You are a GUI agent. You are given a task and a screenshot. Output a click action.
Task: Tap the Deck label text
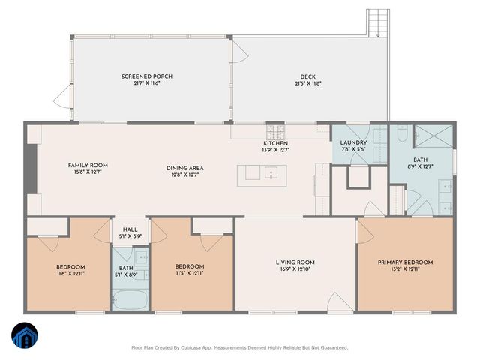[x=307, y=76]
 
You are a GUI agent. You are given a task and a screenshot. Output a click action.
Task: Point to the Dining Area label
[x=185, y=168]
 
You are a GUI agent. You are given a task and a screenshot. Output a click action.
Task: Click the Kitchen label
[x=275, y=143]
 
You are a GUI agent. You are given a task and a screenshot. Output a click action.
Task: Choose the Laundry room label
[x=353, y=142]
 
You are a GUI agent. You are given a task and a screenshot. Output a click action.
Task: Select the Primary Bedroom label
[x=405, y=262]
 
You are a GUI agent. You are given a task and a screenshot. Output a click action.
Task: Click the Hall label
[x=130, y=230]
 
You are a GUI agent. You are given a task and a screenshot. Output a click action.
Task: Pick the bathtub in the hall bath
[x=130, y=301]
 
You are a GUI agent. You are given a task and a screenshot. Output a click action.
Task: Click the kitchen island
[x=265, y=174]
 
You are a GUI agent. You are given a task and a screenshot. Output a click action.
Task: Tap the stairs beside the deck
[x=377, y=22]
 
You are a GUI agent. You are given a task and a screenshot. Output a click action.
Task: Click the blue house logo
[x=25, y=336]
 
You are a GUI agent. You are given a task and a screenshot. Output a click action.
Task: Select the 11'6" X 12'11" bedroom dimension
[x=70, y=274]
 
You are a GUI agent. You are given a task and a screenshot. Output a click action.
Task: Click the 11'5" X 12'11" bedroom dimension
[x=190, y=274]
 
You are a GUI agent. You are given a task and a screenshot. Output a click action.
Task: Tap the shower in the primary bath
[x=433, y=136]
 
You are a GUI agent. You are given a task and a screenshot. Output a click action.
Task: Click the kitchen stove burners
[x=278, y=132]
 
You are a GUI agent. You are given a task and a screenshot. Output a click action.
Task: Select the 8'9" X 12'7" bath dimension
[x=420, y=167]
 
